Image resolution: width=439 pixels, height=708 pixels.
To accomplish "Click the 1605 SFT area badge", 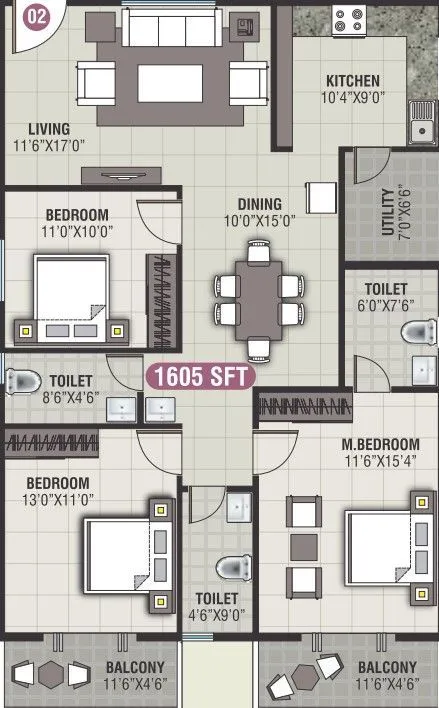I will point(201,376).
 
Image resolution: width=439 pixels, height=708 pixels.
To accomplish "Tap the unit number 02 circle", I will point(35,16).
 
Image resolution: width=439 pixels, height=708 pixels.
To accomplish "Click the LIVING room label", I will point(48,129).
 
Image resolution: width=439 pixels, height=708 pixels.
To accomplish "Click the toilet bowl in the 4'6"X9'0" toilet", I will point(233,565).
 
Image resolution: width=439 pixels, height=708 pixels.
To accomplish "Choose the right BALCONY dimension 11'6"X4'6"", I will point(385,685).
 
